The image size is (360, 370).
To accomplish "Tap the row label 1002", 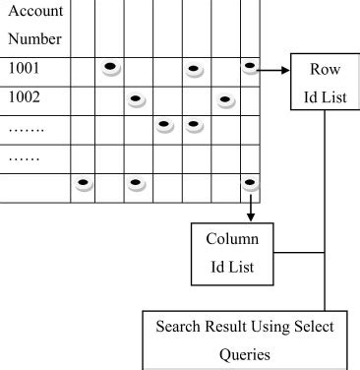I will [x=24, y=99].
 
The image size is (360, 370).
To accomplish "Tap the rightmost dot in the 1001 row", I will [x=252, y=67].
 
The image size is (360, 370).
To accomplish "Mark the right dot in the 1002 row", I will [x=225, y=98].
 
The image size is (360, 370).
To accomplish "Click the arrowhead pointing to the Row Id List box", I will [x=290, y=70].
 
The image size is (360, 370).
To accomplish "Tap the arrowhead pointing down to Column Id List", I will [x=252, y=215].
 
